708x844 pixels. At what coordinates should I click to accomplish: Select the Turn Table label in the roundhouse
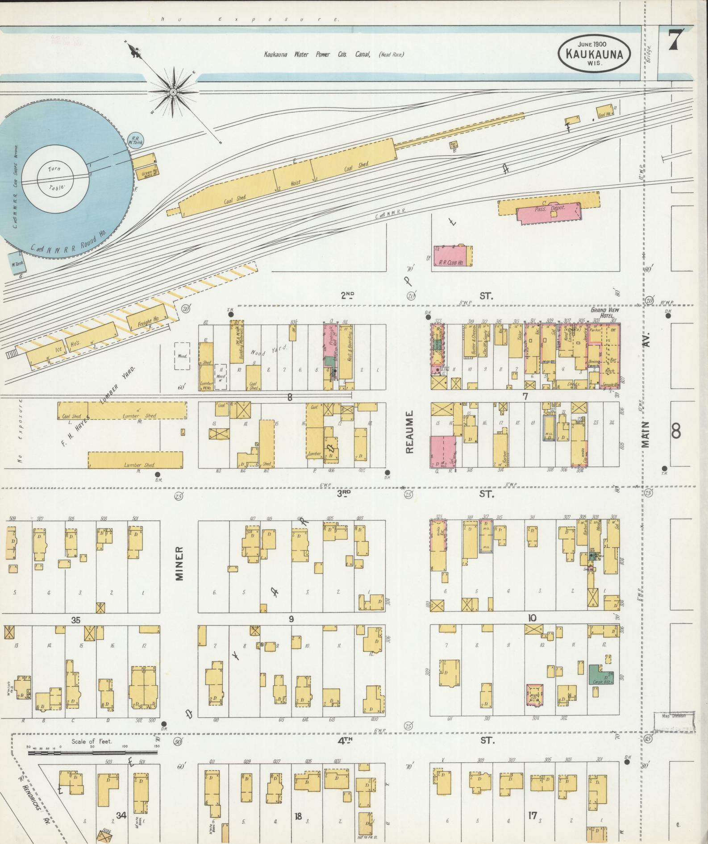[56, 178]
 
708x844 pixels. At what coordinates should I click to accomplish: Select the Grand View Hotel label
[604, 312]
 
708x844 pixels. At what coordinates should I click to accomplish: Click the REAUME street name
[410, 431]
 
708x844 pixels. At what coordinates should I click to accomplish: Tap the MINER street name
[179, 563]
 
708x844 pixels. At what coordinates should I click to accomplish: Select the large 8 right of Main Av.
[676, 431]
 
